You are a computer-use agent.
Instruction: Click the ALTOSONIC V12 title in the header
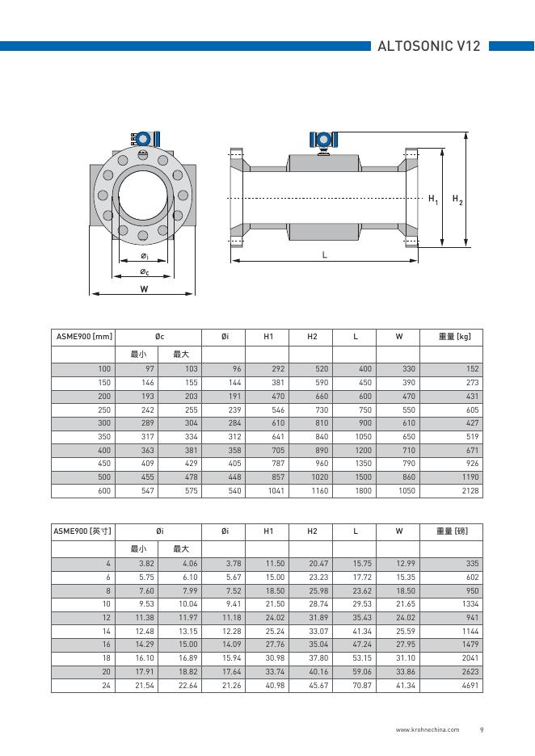coord(428,46)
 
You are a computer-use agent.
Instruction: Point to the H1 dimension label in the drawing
coord(433,199)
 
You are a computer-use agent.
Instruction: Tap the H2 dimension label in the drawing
coord(457,199)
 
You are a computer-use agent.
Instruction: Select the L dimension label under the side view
coord(324,254)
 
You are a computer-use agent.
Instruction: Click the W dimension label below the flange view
coord(144,288)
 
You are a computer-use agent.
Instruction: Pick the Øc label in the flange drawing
coord(145,272)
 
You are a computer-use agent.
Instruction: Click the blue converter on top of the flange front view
coord(144,138)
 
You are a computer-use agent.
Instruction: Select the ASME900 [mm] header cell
coord(83,336)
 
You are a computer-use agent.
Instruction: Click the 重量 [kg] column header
coord(454,336)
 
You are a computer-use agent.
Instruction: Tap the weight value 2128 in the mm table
coord(470,490)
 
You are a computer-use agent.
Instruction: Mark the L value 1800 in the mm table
coord(364,490)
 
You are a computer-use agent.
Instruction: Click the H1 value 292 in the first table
coord(277,369)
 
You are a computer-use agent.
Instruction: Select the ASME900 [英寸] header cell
coord(83,531)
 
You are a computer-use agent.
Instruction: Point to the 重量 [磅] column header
coord(453,531)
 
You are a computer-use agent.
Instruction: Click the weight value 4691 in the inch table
coord(470,685)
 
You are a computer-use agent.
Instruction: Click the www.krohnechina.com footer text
coord(427,730)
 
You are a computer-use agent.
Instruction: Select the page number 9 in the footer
coord(481,730)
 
